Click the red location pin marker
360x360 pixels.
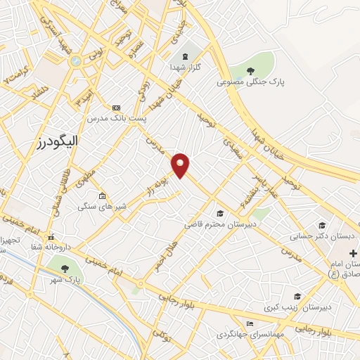point(181,165)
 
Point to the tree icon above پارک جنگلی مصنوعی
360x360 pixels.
point(250,70)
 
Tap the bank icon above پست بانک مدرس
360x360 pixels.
point(116,107)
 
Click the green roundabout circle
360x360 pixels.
point(75,62)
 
